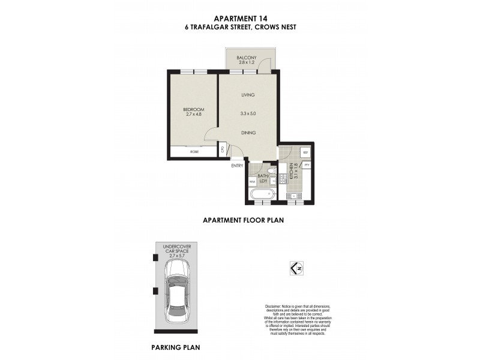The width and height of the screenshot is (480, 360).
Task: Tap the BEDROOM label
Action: coord(194,109)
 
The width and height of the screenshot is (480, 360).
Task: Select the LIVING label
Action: coord(248,95)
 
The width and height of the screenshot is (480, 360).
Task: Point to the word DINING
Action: coord(248,133)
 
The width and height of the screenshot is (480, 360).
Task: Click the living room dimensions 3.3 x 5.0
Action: coord(248,113)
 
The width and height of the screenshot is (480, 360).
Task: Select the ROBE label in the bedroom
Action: coord(194,152)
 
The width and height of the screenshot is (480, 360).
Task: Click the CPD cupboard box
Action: coord(222,149)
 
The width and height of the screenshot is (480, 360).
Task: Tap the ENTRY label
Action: coord(236,166)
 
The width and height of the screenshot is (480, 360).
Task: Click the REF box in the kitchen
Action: coord(304,152)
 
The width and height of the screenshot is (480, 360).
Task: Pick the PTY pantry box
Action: coord(306,165)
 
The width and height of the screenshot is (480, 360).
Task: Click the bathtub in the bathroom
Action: coord(262,194)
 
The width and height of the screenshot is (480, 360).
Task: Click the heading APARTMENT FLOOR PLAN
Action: coord(243,220)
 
